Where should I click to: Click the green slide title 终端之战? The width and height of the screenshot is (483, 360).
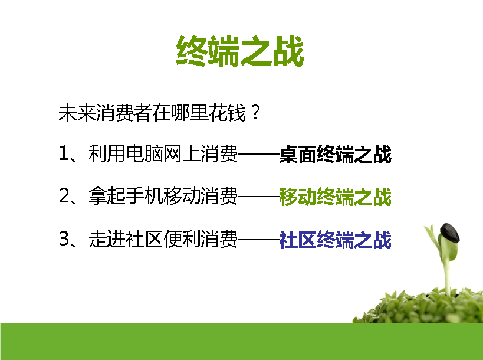point(240,51)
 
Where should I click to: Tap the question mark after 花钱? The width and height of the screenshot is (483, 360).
point(256,113)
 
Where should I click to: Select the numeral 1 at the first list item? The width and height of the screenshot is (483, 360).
point(63,153)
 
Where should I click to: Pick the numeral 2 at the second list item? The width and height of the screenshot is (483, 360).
point(64,195)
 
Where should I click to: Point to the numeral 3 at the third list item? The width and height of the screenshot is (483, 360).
point(64,238)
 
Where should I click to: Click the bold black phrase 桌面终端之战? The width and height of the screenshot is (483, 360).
point(335,154)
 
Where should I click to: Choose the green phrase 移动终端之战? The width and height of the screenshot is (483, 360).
point(335,197)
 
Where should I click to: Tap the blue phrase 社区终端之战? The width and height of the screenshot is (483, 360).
point(335,240)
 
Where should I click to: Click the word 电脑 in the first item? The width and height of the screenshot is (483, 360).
point(144,153)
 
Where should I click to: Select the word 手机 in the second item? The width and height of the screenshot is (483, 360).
point(144,196)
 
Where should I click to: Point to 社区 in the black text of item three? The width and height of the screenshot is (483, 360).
point(144,238)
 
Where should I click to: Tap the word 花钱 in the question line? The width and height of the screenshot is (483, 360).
point(227,113)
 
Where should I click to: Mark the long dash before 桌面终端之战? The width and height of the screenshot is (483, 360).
point(258,153)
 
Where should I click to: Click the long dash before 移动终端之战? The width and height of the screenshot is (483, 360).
point(258,195)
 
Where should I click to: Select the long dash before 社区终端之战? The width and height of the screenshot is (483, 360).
point(258,238)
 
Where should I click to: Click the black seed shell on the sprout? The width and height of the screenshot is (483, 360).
point(450,233)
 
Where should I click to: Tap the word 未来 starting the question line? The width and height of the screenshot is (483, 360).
point(77,113)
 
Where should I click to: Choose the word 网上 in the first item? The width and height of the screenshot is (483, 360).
point(182,153)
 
